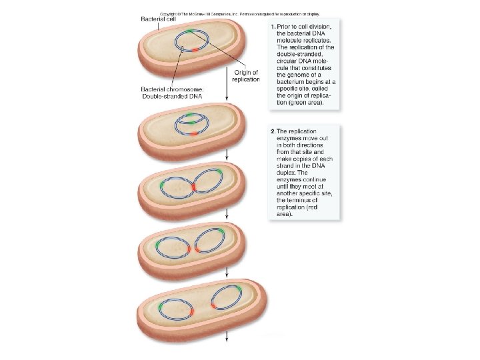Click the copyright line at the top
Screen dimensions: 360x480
point(240,12)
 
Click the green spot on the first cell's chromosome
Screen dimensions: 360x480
point(191,31)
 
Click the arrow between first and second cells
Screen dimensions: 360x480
point(228,93)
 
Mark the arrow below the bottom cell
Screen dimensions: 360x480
point(228,335)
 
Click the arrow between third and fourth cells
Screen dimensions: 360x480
point(228,215)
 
